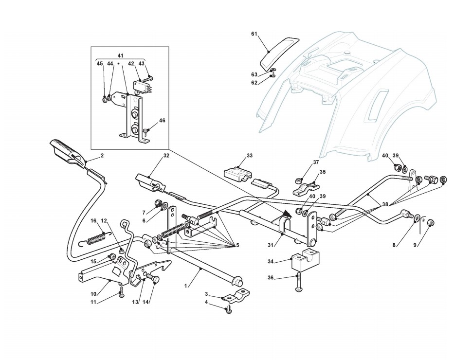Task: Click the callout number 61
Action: (254, 34)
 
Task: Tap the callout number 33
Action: (250, 156)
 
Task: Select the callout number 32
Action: (166, 156)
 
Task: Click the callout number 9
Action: (415, 245)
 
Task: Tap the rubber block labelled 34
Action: (305, 261)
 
